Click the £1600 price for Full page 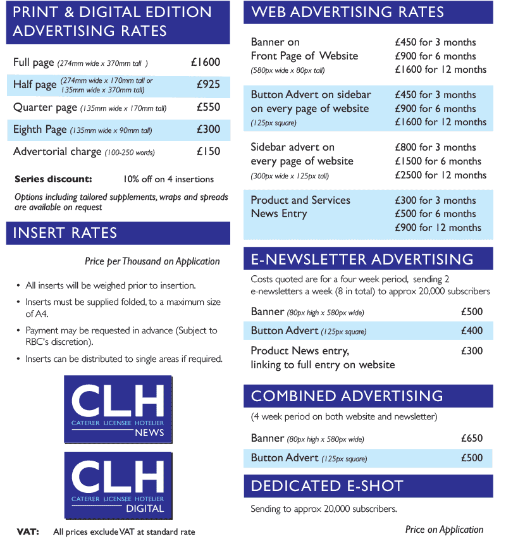click(206, 62)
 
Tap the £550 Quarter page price click(208, 107)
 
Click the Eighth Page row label click(40, 130)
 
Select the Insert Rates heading click(65, 233)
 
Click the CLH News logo click(118, 409)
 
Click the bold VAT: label click(27, 532)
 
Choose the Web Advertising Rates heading click(347, 12)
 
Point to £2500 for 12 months click(440, 175)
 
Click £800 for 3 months click(435, 147)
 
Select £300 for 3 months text click(435, 200)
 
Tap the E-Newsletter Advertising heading click(362, 259)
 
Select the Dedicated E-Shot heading click(327, 486)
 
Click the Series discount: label click(53, 179)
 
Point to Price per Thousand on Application click(152, 261)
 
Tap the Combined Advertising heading click(347, 396)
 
